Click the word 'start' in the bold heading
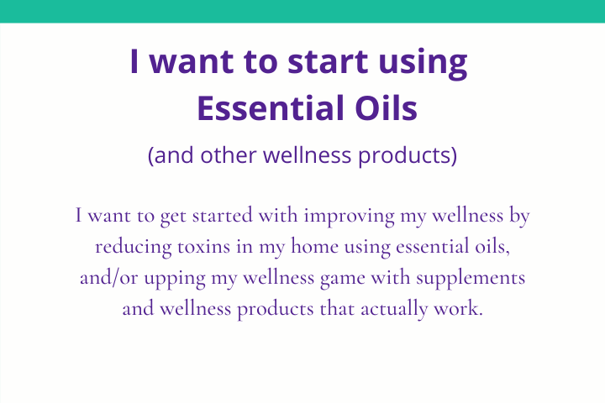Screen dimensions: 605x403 (328, 61)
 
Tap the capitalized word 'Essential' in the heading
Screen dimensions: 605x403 (271, 108)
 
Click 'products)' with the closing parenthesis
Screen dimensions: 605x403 (408, 156)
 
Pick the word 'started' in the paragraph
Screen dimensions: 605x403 (222, 215)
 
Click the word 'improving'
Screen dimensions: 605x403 (350, 216)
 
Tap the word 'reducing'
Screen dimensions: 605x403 (133, 247)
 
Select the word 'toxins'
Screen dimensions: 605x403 (203, 247)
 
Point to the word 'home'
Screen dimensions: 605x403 (314, 246)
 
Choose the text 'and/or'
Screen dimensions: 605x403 (108, 278)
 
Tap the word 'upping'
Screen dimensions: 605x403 (175, 279)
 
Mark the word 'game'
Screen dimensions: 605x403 (343, 279)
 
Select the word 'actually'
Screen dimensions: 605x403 (394, 309)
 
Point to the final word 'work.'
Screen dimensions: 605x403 (459, 308)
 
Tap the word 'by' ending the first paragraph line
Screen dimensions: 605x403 (519, 216)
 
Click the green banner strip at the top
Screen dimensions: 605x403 (302, 11)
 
